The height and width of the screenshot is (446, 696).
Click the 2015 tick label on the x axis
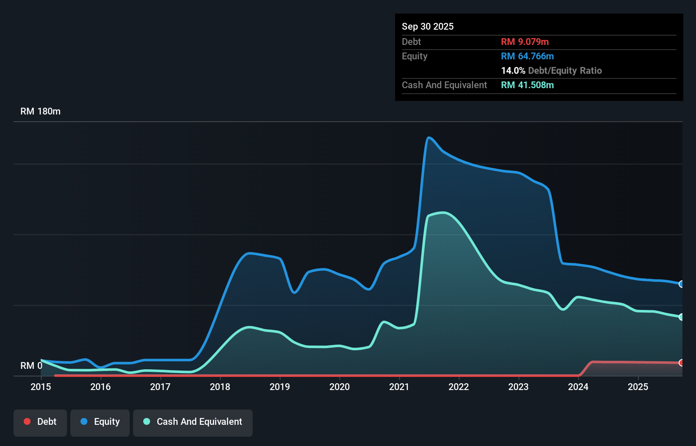41,387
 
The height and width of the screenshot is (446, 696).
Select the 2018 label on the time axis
220,387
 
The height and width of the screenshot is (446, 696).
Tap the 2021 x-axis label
399,387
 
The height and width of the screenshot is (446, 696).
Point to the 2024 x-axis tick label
578,387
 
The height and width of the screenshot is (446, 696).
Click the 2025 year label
638,387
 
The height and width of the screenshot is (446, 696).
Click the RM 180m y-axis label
40,111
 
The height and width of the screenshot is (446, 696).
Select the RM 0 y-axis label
31,365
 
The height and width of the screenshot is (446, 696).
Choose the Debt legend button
40,422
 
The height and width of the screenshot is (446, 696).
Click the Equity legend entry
100,422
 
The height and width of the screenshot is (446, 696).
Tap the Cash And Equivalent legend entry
193,422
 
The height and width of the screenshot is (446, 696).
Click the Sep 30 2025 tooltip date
427,26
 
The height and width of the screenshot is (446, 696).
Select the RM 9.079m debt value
525,42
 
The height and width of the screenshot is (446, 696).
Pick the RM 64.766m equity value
527,56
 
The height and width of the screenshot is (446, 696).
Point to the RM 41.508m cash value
527,85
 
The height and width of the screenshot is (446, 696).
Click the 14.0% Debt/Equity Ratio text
551,70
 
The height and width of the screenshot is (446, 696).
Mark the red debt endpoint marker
681,363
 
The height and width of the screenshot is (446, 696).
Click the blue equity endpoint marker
681,284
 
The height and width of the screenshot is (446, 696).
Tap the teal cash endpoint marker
681,317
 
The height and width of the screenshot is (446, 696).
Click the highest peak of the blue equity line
429,137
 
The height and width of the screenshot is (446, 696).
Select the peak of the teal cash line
443,213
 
